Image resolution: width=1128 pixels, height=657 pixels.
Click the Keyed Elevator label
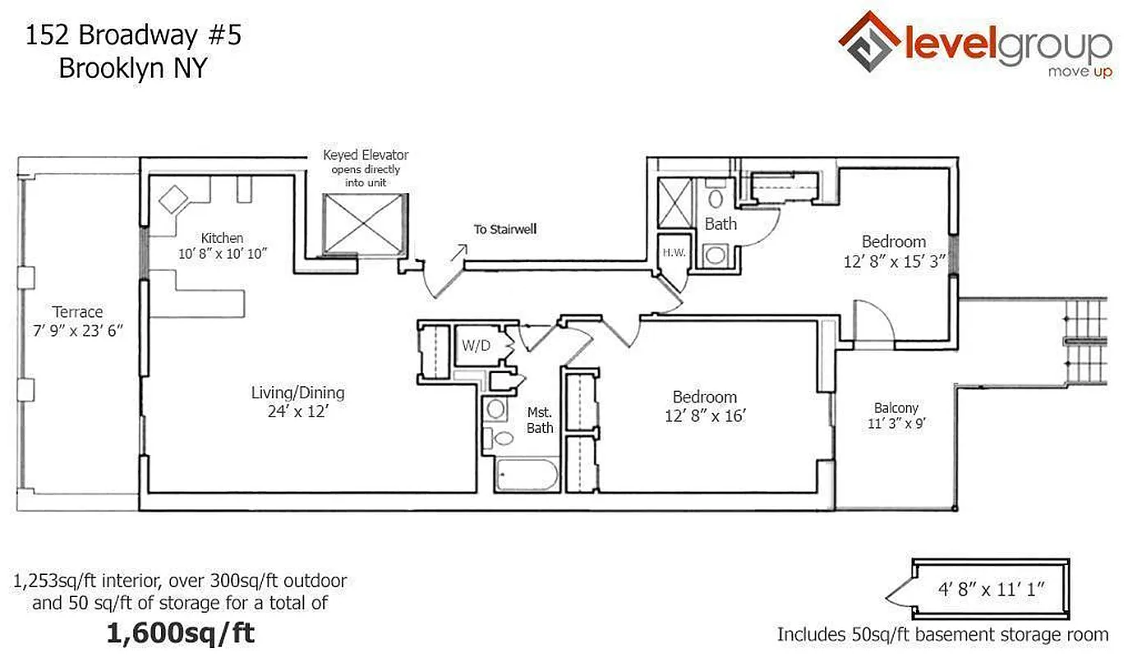pyautogui.click(x=366, y=155)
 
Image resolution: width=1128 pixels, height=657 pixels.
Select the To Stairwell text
pyautogui.click(x=504, y=229)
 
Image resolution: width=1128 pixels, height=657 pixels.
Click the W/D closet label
pyautogui.click(x=475, y=346)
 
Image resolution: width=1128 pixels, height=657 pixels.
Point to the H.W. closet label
pyautogui.click(x=674, y=253)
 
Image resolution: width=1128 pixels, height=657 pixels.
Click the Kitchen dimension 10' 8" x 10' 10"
pyautogui.click(x=223, y=254)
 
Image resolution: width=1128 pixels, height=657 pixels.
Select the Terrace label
pyautogui.click(x=78, y=312)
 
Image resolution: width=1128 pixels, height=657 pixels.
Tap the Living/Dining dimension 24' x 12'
pyautogui.click(x=297, y=412)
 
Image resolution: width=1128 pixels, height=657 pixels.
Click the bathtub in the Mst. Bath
pyautogui.click(x=527, y=476)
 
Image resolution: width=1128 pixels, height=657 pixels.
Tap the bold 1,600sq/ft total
pyautogui.click(x=180, y=633)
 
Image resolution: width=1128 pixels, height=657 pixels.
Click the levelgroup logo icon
pyautogui.click(x=869, y=41)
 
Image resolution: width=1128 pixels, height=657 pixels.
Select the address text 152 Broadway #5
pyautogui.click(x=133, y=35)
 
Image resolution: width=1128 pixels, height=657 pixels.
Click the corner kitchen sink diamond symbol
pyautogui.click(x=175, y=199)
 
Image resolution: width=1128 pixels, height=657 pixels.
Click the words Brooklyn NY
pyautogui.click(x=132, y=69)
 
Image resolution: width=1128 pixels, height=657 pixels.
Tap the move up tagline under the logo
pyautogui.click(x=1079, y=72)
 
